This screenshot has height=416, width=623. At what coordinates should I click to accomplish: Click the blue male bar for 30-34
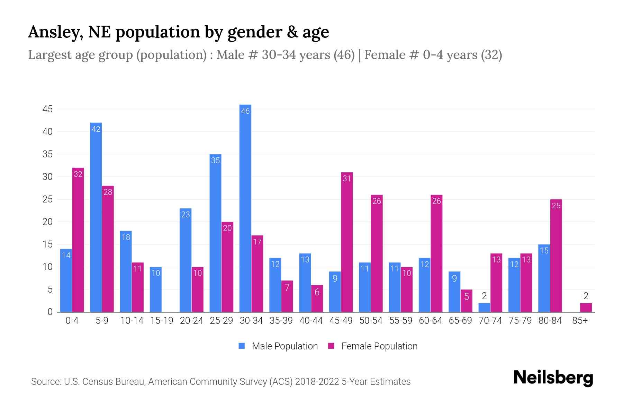(x=245, y=208)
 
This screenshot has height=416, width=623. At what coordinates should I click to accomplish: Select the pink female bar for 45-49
(x=347, y=243)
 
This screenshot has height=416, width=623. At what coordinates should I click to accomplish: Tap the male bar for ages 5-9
(x=96, y=217)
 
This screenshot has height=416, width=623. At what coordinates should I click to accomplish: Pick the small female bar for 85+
(x=586, y=307)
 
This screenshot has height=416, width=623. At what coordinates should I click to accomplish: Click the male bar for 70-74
(x=484, y=307)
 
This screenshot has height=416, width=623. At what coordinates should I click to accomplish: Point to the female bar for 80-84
(x=556, y=256)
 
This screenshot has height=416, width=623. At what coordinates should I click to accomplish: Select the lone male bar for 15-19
(x=156, y=289)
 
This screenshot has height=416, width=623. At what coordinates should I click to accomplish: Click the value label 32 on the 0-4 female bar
(x=78, y=174)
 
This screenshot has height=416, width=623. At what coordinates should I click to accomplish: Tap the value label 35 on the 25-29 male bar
(x=215, y=161)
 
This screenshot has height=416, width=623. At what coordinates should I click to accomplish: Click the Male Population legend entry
(x=279, y=346)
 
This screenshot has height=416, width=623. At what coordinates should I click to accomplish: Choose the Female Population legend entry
(x=373, y=346)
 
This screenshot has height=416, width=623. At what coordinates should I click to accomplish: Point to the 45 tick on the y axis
(x=47, y=109)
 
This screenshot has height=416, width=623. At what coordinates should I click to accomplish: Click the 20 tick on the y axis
(x=47, y=222)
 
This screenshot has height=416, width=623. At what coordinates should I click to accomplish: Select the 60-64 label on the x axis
(x=430, y=321)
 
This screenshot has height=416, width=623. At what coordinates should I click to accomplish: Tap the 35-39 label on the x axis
(x=281, y=321)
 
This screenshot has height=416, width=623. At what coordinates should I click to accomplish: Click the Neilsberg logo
(x=553, y=378)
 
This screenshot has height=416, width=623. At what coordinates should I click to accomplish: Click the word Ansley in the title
(x=55, y=32)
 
